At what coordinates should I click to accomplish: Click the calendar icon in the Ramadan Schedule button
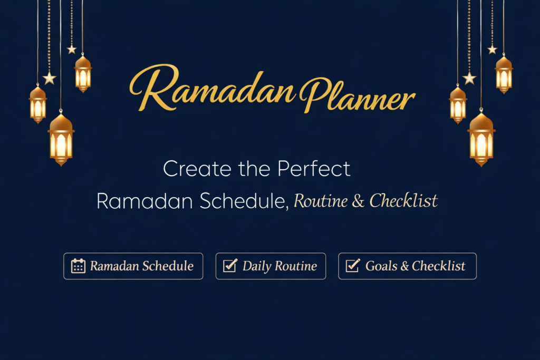[x=78, y=266]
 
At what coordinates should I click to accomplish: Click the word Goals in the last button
[x=381, y=266]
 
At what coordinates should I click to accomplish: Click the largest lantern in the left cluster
[x=61, y=139]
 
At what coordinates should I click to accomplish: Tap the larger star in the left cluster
[x=50, y=79]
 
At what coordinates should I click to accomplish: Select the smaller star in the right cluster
[x=492, y=49]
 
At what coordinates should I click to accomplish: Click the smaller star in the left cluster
[x=72, y=49]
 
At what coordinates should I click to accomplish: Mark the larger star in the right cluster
[x=469, y=79]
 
